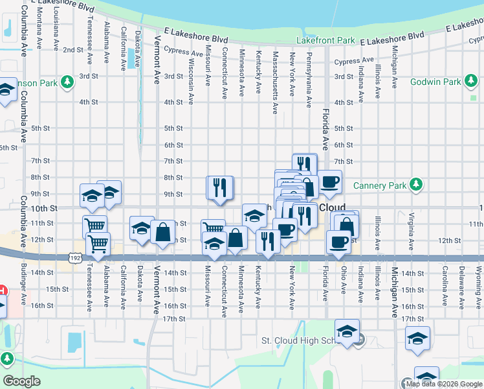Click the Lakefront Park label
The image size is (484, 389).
pyautogui.click(x=325, y=40)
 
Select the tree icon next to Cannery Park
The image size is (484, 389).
pyautogui.click(x=417, y=185)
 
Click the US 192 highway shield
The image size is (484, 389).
pyautogui.click(x=75, y=257)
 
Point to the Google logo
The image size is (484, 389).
pyautogui.click(x=21, y=381)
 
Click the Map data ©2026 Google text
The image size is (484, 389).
pyautogui.click(x=444, y=384)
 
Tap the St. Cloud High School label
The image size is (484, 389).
pyautogui.click(x=297, y=340)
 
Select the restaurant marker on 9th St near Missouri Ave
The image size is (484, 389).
pyautogui.click(x=219, y=188)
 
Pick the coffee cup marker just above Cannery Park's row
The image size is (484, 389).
pyautogui.click(x=330, y=182)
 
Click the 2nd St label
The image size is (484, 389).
pyautogui.click(x=72, y=49)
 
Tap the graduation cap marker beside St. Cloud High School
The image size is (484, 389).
pyautogui.click(x=347, y=331)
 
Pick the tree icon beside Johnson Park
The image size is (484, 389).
pyautogui.click(x=66, y=82)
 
